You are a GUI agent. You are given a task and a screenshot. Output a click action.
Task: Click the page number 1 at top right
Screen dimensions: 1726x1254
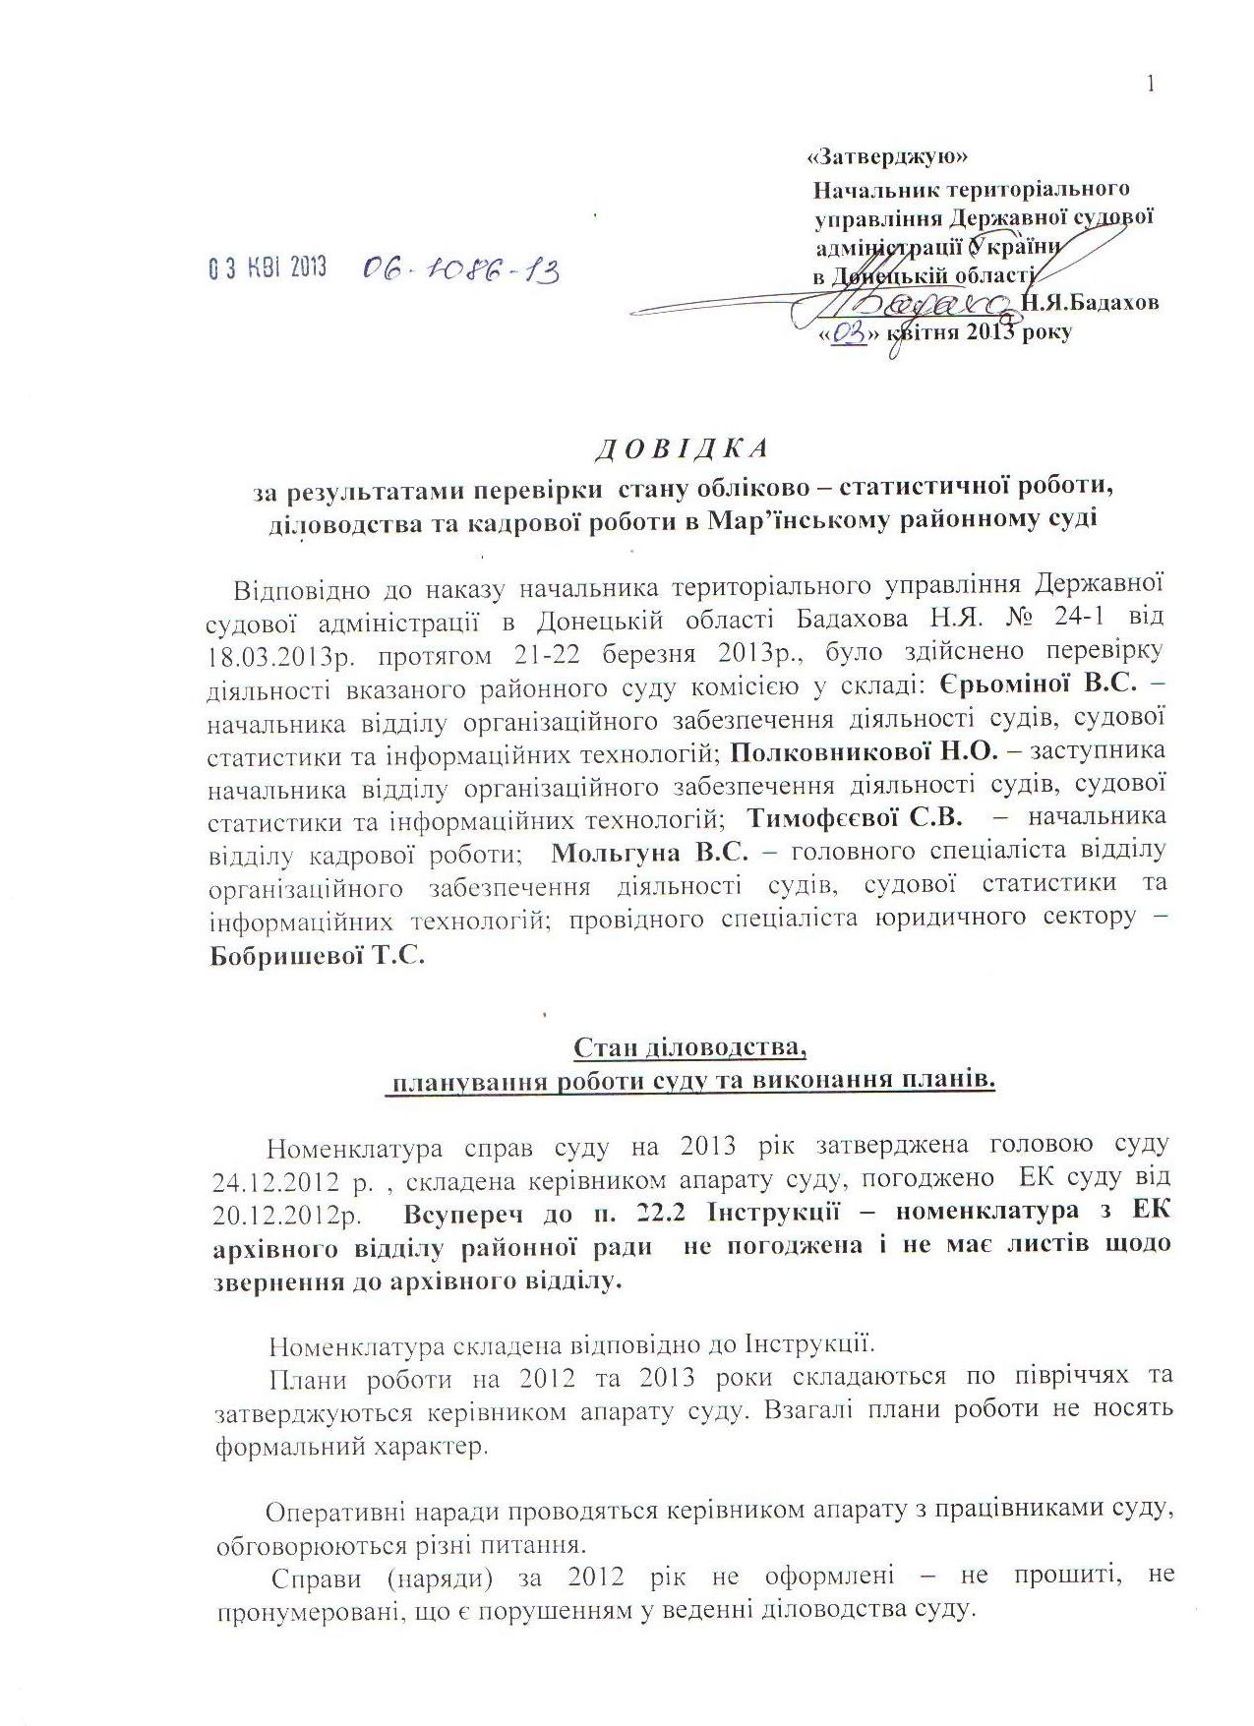click(x=1149, y=85)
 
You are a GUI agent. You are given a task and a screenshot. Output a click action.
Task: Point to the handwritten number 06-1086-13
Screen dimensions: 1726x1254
click(x=460, y=268)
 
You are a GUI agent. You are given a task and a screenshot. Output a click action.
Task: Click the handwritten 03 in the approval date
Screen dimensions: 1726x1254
click(x=849, y=332)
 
